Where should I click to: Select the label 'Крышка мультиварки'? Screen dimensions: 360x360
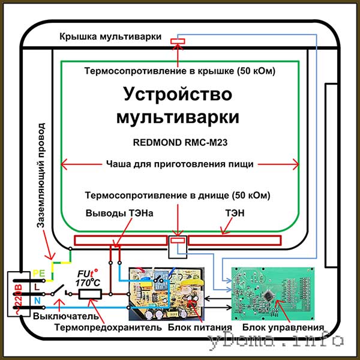click(x=110, y=37)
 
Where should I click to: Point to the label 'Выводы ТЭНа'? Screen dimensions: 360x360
click(x=115, y=213)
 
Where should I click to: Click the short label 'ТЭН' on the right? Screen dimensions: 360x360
click(x=235, y=213)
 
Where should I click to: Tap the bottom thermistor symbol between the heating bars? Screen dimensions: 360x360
click(x=178, y=241)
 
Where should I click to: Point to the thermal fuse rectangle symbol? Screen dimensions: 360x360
click(x=89, y=293)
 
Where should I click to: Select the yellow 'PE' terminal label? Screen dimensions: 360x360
click(x=37, y=272)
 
